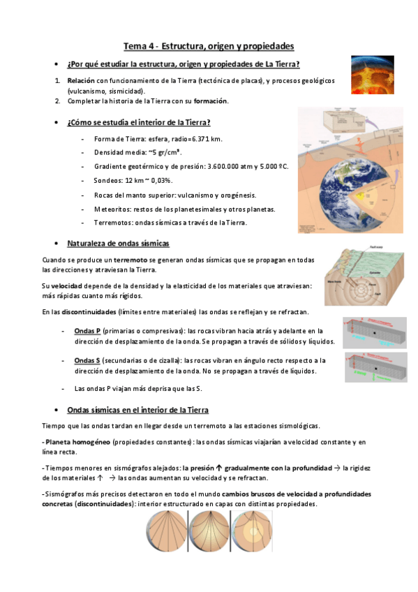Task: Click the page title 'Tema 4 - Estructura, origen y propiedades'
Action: (209, 46)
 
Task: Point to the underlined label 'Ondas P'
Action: (88, 330)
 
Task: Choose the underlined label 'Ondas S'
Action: (88, 360)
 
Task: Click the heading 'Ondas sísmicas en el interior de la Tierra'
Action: (137, 410)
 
